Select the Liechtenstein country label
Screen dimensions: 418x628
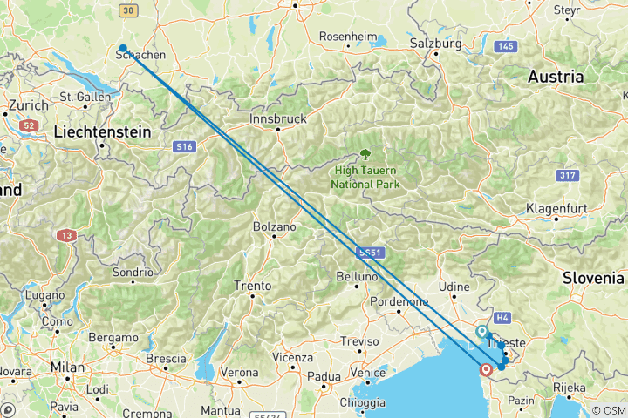pyautogui.click(x=102, y=131)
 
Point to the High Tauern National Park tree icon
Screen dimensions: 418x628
pyautogui.click(x=365, y=155)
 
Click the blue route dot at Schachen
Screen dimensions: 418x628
pyautogui.click(x=124, y=49)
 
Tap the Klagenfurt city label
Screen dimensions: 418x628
pyautogui.click(x=556, y=209)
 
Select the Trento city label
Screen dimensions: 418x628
pyautogui.click(x=252, y=285)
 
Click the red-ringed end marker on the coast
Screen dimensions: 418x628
pyautogui.click(x=486, y=370)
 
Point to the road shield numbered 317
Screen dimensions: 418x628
pyautogui.click(x=567, y=176)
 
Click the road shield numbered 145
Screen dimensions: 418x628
pyautogui.click(x=506, y=46)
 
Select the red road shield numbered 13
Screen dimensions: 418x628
pyautogui.click(x=66, y=235)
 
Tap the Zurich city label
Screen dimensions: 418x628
pyautogui.click(x=24, y=105)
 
